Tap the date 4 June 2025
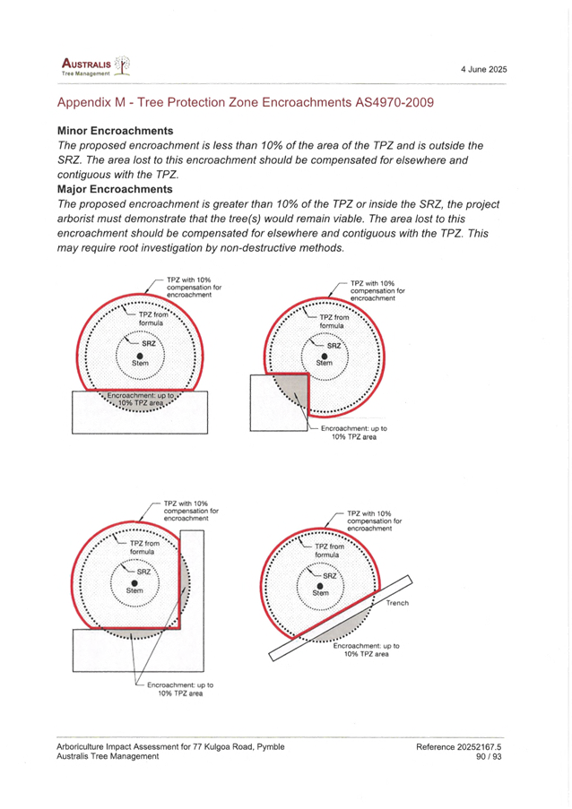click(485, 69)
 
